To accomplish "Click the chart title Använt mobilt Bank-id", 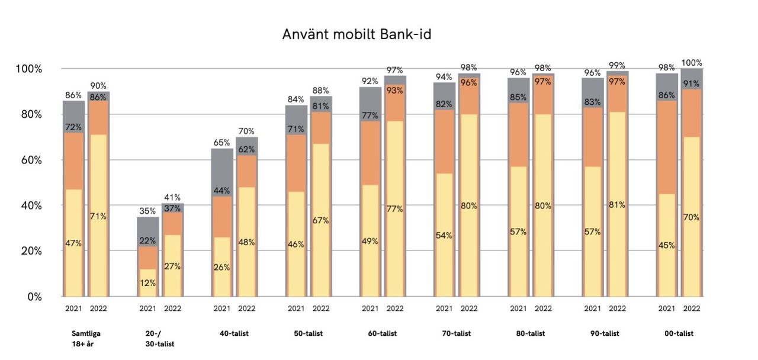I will (x=356, y=35).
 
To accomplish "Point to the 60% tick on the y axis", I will (x=28, y=160).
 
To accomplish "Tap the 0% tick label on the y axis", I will (x=33, y=297).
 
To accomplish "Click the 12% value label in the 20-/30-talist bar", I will (x=147, y=283).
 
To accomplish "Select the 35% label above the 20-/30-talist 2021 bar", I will (x=147, y=211).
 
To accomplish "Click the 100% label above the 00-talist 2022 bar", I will (x=691, y=63).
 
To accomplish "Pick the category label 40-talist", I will (x=234, y=334).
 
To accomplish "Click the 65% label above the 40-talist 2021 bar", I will (x=221, y=143).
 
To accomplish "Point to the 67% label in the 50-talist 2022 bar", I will (x=320, y=220).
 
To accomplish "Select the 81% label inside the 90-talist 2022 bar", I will (x=617, y=205).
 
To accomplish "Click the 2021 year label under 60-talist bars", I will (x=370, y=308).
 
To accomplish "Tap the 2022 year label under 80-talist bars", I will (x=543, y=308).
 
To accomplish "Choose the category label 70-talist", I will (x=457, y=334).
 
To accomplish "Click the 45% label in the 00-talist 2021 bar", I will (x=666, y=245).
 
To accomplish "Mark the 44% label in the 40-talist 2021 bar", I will (x=221, y=191).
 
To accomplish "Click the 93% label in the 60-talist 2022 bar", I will (x=394, y=91).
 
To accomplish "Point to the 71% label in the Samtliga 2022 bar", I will (x=98, y=216).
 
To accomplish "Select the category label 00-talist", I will (x=679, y=334).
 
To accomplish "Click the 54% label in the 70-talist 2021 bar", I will (x=444, y=235).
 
